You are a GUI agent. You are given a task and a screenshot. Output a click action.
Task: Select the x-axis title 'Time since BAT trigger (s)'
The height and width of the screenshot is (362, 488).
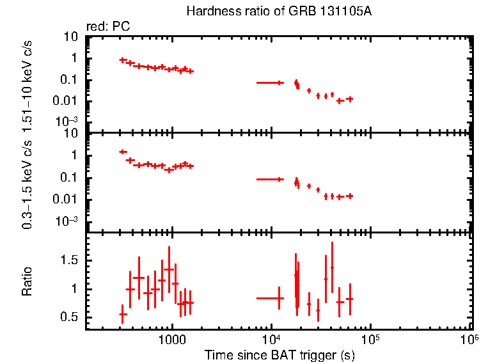279,354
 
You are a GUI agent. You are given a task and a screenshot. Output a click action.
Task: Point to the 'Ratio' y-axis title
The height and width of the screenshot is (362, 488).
28,281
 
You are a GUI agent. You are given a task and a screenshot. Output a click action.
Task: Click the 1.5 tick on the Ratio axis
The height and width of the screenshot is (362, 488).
70,260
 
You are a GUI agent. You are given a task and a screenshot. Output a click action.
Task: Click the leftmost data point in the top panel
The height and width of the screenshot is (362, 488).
123,60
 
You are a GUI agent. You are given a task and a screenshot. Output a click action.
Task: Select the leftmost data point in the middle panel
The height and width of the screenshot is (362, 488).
123,152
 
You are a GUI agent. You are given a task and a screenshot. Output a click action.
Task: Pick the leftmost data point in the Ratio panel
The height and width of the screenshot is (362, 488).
123,314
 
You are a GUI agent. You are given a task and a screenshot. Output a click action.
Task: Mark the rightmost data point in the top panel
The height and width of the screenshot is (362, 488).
349,99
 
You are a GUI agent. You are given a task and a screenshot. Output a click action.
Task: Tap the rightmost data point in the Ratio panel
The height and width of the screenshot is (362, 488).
349,299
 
